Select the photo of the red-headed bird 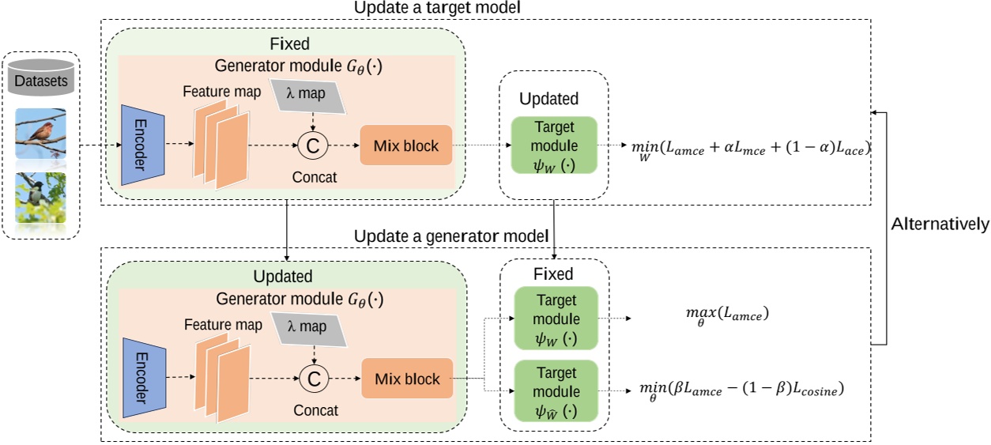41,134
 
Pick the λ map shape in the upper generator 314,96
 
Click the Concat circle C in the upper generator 314,145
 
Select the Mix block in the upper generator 405,145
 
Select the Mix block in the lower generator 405,379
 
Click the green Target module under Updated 555,146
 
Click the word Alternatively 939,224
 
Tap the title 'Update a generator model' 450,236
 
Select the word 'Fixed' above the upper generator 288,43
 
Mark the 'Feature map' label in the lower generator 224,325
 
